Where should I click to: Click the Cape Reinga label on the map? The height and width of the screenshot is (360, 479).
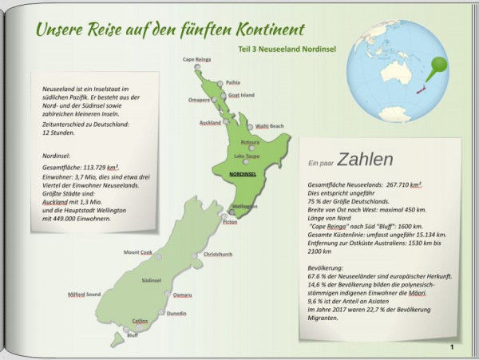(198, 59)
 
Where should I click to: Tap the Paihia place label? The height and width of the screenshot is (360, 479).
(232, 81)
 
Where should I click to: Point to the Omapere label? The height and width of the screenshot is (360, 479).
(198, 100)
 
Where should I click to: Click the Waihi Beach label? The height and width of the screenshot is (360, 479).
(269, 126)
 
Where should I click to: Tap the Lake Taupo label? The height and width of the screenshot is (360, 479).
(247, 156)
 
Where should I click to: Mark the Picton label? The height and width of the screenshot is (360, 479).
(230, 222)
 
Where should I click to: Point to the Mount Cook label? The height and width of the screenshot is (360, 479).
(137, 252)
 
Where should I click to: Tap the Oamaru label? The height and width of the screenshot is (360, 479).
(182, 295)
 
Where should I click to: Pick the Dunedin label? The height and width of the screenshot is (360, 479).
(176, 314)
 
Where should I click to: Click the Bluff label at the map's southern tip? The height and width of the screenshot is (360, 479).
(133, 335)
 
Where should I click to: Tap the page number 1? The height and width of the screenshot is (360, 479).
(452, 346)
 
